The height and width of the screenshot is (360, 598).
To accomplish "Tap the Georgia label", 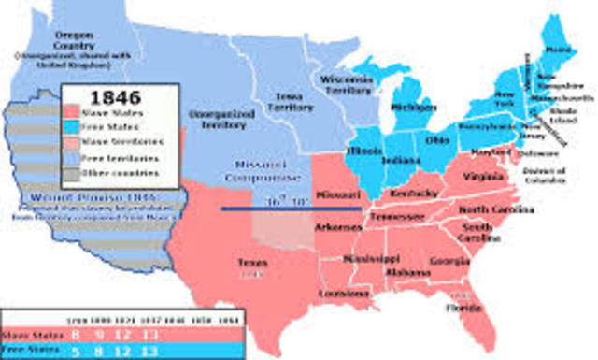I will pyautogui.click(x=448, y=261).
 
